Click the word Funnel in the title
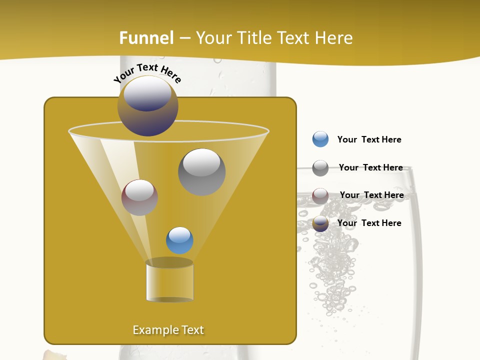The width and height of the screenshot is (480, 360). pos(146,38)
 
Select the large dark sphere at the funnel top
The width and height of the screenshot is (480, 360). pos(147,106)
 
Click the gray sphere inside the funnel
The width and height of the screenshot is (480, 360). pos(201,171)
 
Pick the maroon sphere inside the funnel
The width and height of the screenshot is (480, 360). pos(139,197)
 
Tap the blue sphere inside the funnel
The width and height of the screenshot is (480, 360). pos(179,240)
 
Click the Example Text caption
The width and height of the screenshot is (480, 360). pos(168,330)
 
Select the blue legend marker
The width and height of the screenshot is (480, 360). pos(320,139)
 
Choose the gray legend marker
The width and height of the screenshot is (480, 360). pos(320,168)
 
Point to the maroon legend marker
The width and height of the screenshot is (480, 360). pos(320,195)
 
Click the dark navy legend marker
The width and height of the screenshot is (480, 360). pos(320,223)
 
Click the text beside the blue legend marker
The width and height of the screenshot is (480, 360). pos(369,139)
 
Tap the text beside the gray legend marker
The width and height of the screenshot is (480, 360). pos(370,167)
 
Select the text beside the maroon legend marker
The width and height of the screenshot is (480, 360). pos(371,195)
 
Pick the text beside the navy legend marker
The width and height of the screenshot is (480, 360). pos(369,223)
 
